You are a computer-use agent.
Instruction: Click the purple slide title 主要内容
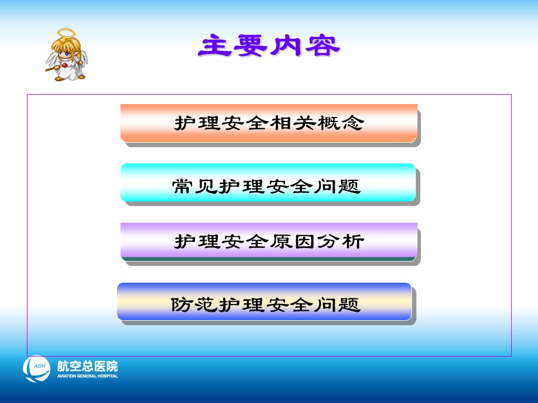[268, 45]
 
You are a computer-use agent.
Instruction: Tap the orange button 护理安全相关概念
[269, 123]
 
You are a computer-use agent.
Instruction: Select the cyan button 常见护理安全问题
[268, 182]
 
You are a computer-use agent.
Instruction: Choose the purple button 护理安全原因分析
[269, 240]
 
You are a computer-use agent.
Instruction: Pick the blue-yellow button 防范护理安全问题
[264, 302]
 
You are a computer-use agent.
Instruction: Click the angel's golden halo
[66, 33]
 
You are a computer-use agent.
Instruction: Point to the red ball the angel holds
[64, 65]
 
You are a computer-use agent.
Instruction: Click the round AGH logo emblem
[36, 369]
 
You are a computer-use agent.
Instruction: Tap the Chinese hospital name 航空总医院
[87, 366]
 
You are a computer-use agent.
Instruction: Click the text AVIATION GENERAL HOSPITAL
[87, 376]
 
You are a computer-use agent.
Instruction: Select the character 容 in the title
[323, 45]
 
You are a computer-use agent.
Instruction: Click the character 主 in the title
[215, 45]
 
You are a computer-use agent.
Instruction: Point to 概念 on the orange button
[341, 123]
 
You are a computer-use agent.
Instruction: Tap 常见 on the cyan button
[194, 186]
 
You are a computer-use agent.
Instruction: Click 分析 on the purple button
[341, 241]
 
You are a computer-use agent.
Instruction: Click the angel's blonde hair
[66, 45]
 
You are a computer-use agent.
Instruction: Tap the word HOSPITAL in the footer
[108, 376]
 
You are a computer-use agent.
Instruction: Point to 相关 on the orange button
[293, 123]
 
